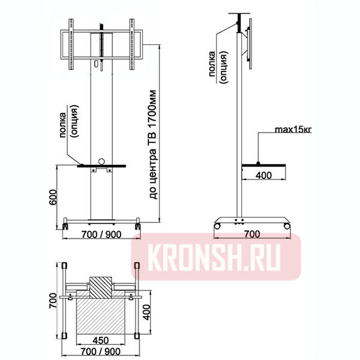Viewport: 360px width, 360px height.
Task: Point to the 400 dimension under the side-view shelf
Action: pyautogui.click(x=263, y=175)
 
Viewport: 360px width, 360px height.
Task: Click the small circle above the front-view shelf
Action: pyautogui.click(x=102, y=161)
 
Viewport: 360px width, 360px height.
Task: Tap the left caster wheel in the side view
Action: pyautogui.click(x=217, y=226)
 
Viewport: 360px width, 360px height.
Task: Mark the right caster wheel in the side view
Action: pyautogui.click(x=288, y=226)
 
